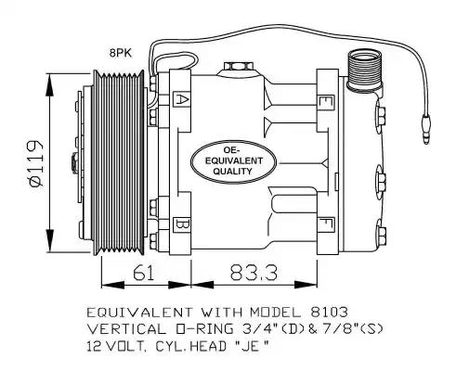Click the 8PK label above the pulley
(x=121, y=53)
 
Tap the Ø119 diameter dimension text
(x=36, y=163)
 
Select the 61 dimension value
(x=143, y=273)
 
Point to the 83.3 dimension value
(x=254, y=273)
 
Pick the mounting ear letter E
(x=326, y=103)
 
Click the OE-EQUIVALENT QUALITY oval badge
(x=233, y=162)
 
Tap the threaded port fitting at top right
(x=364, y=71)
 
